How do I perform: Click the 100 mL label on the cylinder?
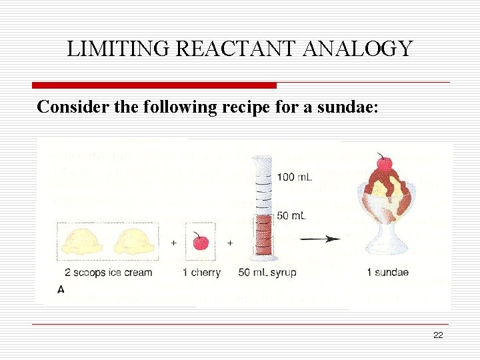tap(294, 177)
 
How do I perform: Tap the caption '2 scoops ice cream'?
tap(109, 272)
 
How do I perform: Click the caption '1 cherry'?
tap(201, 272)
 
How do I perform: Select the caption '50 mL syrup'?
tap(267, 272)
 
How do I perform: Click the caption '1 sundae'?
tap(387, 272)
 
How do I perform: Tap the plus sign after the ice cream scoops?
tap(174, 243)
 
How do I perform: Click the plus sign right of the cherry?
tap(230, 243)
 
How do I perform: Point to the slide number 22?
tap(438, 335)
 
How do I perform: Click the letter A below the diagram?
tap(61, 289)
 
